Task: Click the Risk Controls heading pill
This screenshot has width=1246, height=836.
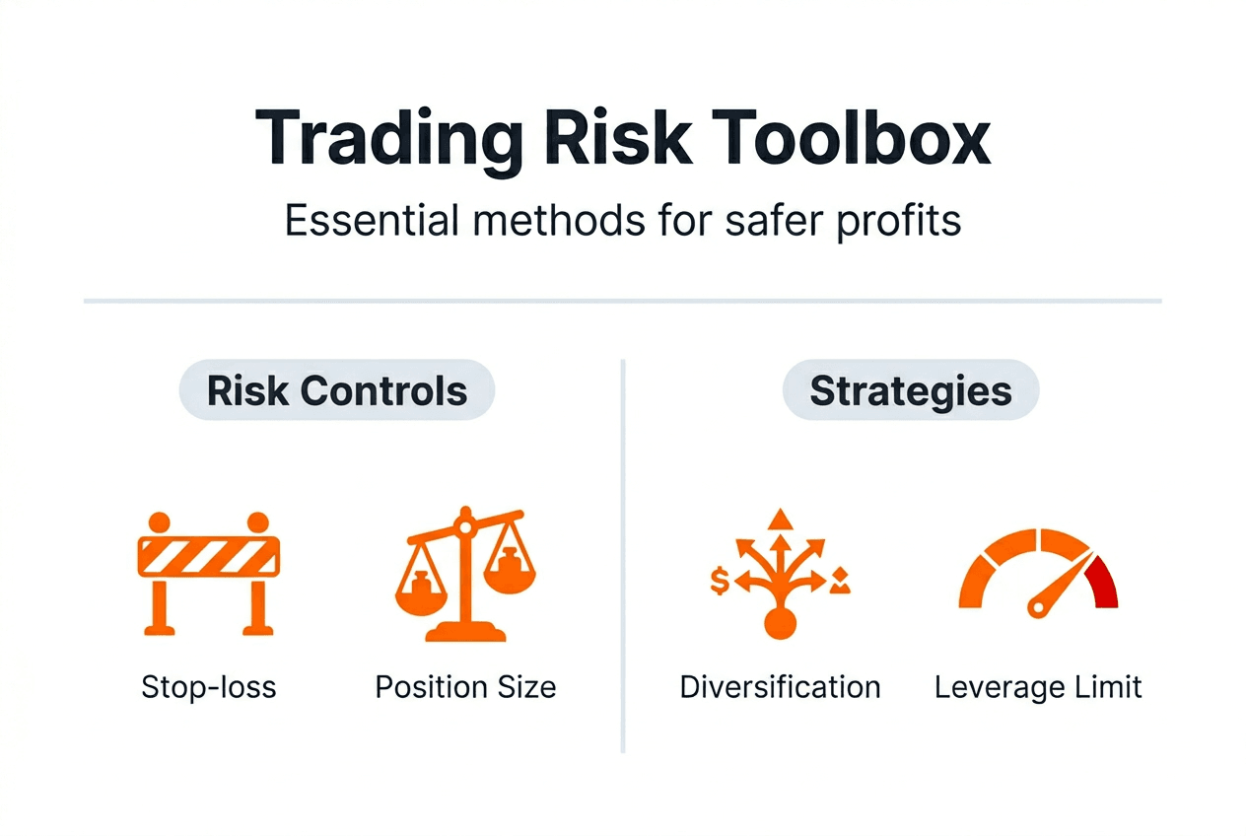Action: point(337,391)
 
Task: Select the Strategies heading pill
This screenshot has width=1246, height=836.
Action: point(911,391)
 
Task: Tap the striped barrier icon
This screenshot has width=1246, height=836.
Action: point(209,573)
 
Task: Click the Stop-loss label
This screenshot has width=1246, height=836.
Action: point(209,687)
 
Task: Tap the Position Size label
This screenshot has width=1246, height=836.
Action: point(466,687)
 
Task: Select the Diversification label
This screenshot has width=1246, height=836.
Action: point(780,687)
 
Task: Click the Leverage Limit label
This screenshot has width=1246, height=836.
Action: point(1038,687)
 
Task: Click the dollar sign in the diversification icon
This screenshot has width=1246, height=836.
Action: point(720,583)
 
